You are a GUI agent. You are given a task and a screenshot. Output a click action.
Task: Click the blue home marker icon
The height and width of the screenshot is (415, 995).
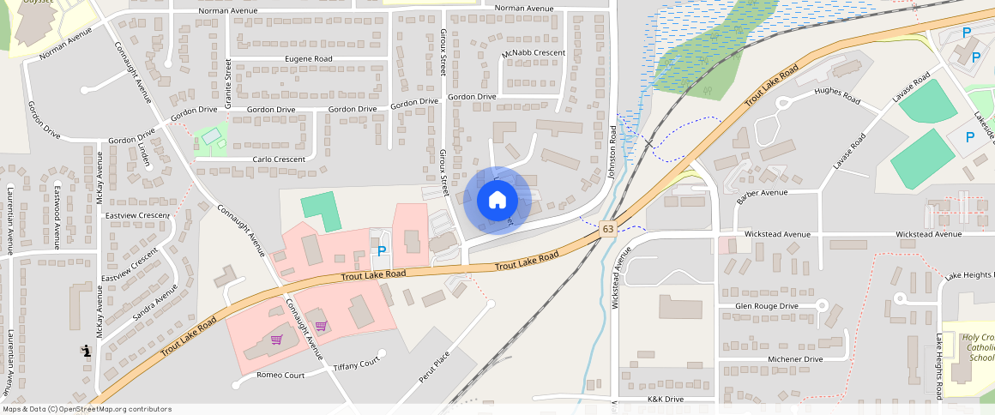[x=497, y=201]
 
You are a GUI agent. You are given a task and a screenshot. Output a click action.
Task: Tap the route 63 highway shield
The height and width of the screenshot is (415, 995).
[x=608, y=229]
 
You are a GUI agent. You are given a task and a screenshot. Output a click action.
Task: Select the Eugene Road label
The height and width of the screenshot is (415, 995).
[x=308, y=59]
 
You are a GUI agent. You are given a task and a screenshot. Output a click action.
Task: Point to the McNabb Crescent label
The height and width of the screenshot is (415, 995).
[x=534, y=54]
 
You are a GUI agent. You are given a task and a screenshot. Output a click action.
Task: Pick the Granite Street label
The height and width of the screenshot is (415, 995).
[x=229, y=83]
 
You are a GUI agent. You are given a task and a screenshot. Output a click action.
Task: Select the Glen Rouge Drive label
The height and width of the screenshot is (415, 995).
[x=767, y=306]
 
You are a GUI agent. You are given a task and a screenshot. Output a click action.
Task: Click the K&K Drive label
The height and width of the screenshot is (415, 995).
[x=666, y=400]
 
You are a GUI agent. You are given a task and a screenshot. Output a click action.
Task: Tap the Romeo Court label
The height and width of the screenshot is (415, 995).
[x=280, y=376]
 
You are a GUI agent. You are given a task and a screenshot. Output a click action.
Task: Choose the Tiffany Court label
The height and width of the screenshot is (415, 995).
[x=356, y=364]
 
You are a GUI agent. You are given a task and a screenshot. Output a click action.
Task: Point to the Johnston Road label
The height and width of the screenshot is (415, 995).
[x=613, y=152]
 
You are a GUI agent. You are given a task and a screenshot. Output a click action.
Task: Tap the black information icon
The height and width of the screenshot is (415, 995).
[x=87, y=350]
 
